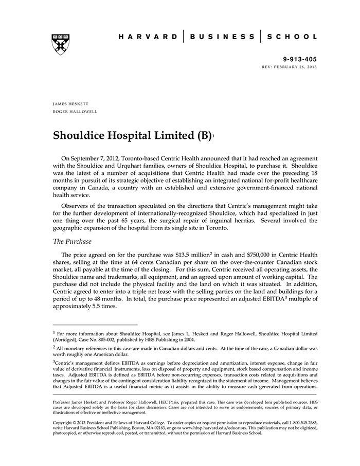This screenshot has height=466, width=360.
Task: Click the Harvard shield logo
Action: (x=60, y=44)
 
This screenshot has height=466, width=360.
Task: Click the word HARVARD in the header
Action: (x=148, y=37)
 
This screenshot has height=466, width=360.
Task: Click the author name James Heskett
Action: (x=71, y=103)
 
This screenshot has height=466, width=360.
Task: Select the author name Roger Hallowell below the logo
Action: (x=75, y=112)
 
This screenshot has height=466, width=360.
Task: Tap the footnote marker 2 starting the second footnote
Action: (x=55, y=347)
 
